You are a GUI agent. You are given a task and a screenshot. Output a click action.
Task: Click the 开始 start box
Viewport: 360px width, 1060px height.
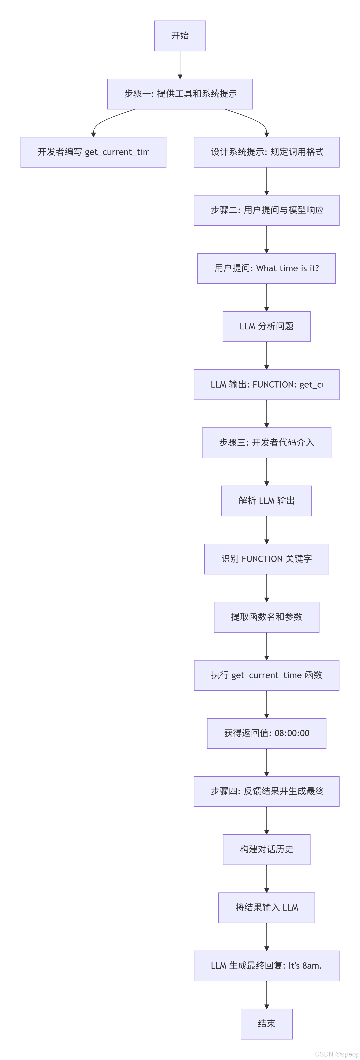180,36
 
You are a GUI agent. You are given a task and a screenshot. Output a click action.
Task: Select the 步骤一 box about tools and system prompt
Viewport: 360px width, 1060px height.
180,94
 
